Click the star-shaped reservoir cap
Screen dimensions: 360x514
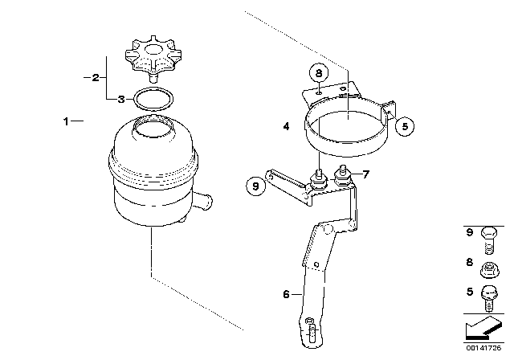pyautogui.click(x=147, y=59)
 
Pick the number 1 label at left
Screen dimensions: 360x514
pyautogui.click(x=67, y=121)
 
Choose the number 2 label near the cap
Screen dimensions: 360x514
pyautogui.click(x=96, y=78)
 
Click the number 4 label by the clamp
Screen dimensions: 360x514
pyautogui.click(x=285, y=126)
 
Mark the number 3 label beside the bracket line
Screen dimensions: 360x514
pyautogui.click(x=120, y=100)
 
